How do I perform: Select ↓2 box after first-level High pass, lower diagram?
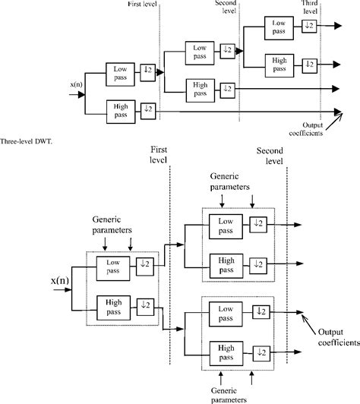pyautogui.click(x=147, y=309)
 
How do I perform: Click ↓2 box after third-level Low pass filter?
pyautogui.click(x=308, y=27)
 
